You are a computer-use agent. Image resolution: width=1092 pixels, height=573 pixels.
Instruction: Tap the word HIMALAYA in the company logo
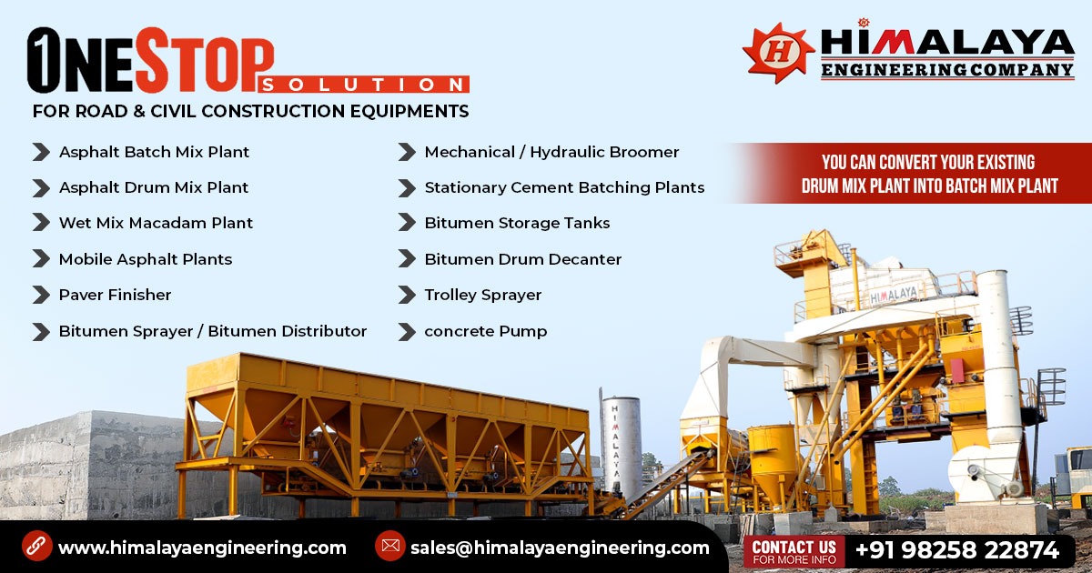coord(947,43)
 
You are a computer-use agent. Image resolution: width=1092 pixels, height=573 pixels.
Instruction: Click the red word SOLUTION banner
coord(364,85)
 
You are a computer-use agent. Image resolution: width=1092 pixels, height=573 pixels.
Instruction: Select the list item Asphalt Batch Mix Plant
coord(154,152)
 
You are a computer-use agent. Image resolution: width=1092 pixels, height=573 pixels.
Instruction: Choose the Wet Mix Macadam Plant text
coord(156,223)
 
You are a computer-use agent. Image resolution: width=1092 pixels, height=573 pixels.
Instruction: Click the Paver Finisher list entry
coord(115,295)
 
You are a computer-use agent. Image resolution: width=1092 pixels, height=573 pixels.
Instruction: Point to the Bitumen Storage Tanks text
coord(517,223)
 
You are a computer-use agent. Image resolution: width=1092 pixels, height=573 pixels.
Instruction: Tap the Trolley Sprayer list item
coord(482,295)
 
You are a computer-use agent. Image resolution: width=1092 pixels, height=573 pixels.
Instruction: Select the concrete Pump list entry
coord(485,331)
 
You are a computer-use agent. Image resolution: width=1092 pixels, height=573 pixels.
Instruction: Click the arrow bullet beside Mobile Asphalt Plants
coord(41,259)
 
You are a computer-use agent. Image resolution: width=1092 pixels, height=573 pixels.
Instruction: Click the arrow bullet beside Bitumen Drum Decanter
coord(407,259)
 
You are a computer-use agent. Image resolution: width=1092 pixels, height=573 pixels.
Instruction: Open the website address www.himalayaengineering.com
coord(202,548)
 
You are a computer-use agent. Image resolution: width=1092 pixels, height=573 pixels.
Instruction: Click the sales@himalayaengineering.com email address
coord(559,548)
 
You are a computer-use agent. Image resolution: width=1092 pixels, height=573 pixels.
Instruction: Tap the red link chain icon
coord(36,547)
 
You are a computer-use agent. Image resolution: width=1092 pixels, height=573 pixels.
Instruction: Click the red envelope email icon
coord(389,547)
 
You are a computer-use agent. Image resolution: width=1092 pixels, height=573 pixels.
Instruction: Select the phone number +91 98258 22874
coord(956,550)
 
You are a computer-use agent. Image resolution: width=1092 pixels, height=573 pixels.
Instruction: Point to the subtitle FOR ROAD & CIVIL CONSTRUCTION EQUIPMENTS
coord(250,112)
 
